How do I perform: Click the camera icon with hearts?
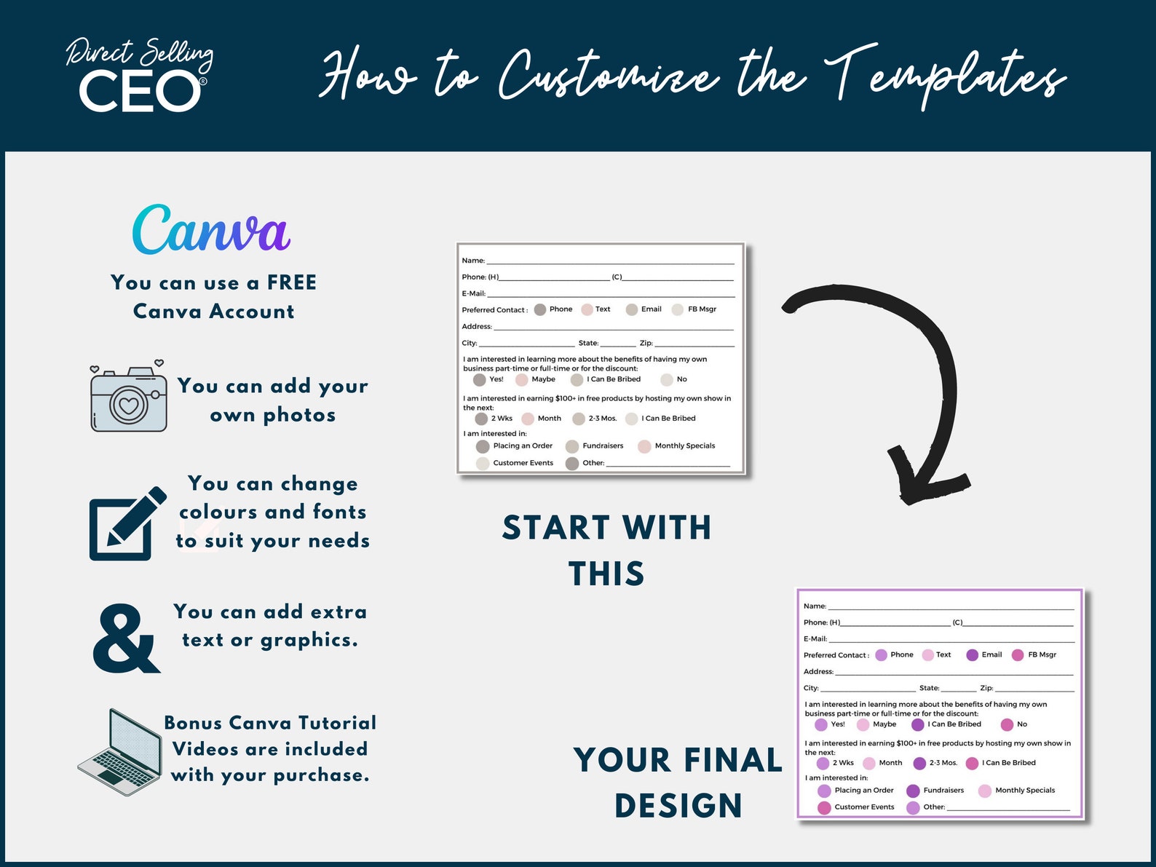128,397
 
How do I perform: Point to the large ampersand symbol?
125,639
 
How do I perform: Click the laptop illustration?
120,753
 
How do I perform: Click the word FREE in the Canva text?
291,282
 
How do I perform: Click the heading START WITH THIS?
606,550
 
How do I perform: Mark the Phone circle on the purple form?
881,655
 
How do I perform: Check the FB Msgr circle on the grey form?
677,309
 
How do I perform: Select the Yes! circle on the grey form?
479,379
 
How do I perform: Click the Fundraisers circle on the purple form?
913,791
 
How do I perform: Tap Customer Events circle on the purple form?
824,807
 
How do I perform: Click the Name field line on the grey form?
610,262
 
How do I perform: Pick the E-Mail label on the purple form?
815,638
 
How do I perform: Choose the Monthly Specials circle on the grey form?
644,446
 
